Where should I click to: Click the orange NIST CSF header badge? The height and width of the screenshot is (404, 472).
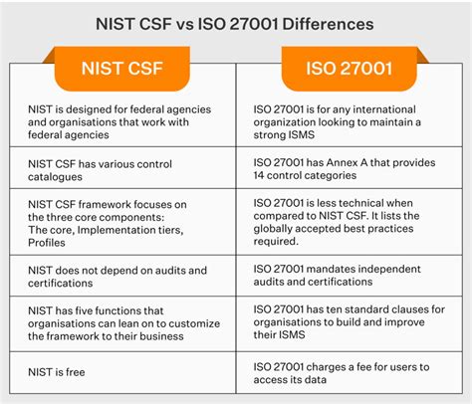[123, 71]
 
